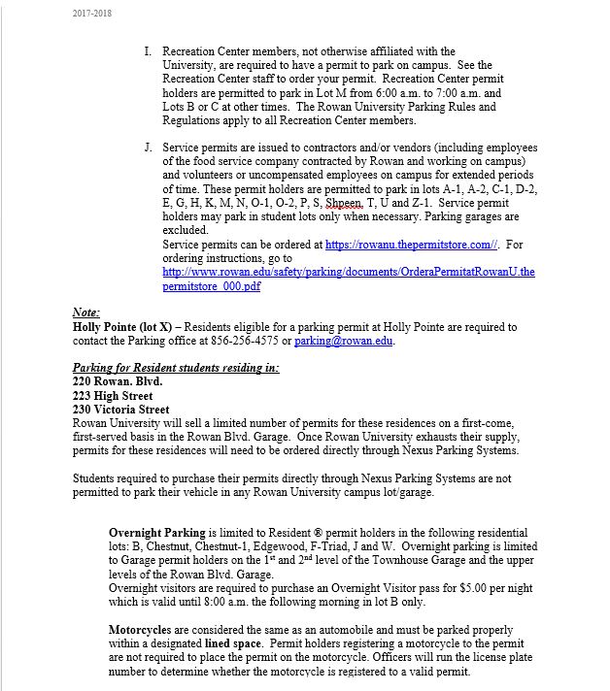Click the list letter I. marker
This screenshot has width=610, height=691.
tap(148, 51)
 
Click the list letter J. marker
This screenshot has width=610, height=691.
tap(148, 148)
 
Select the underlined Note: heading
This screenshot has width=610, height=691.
tap(86, 313)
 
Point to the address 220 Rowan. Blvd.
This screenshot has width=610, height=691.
tap(118, 381)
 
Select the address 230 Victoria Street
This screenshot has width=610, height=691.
tap(120, 410)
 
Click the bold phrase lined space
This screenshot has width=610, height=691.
tap(233, 643)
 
